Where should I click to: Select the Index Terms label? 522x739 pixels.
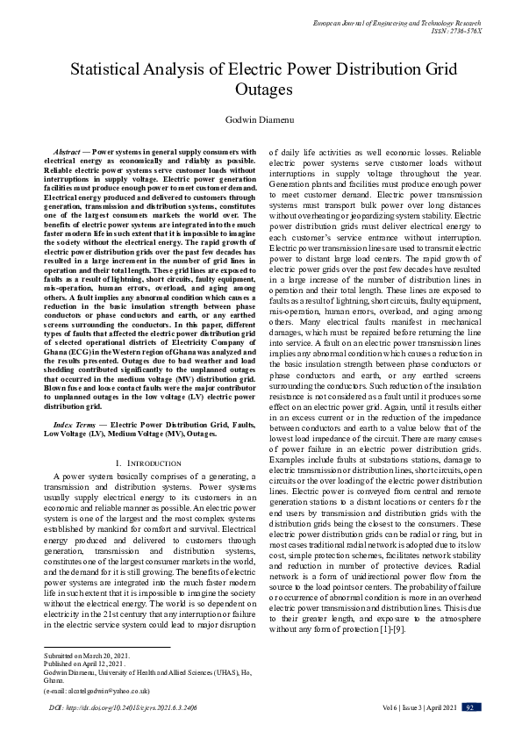click(x=75, y=425)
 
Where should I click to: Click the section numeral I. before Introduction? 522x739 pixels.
click(x=118, y=462)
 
